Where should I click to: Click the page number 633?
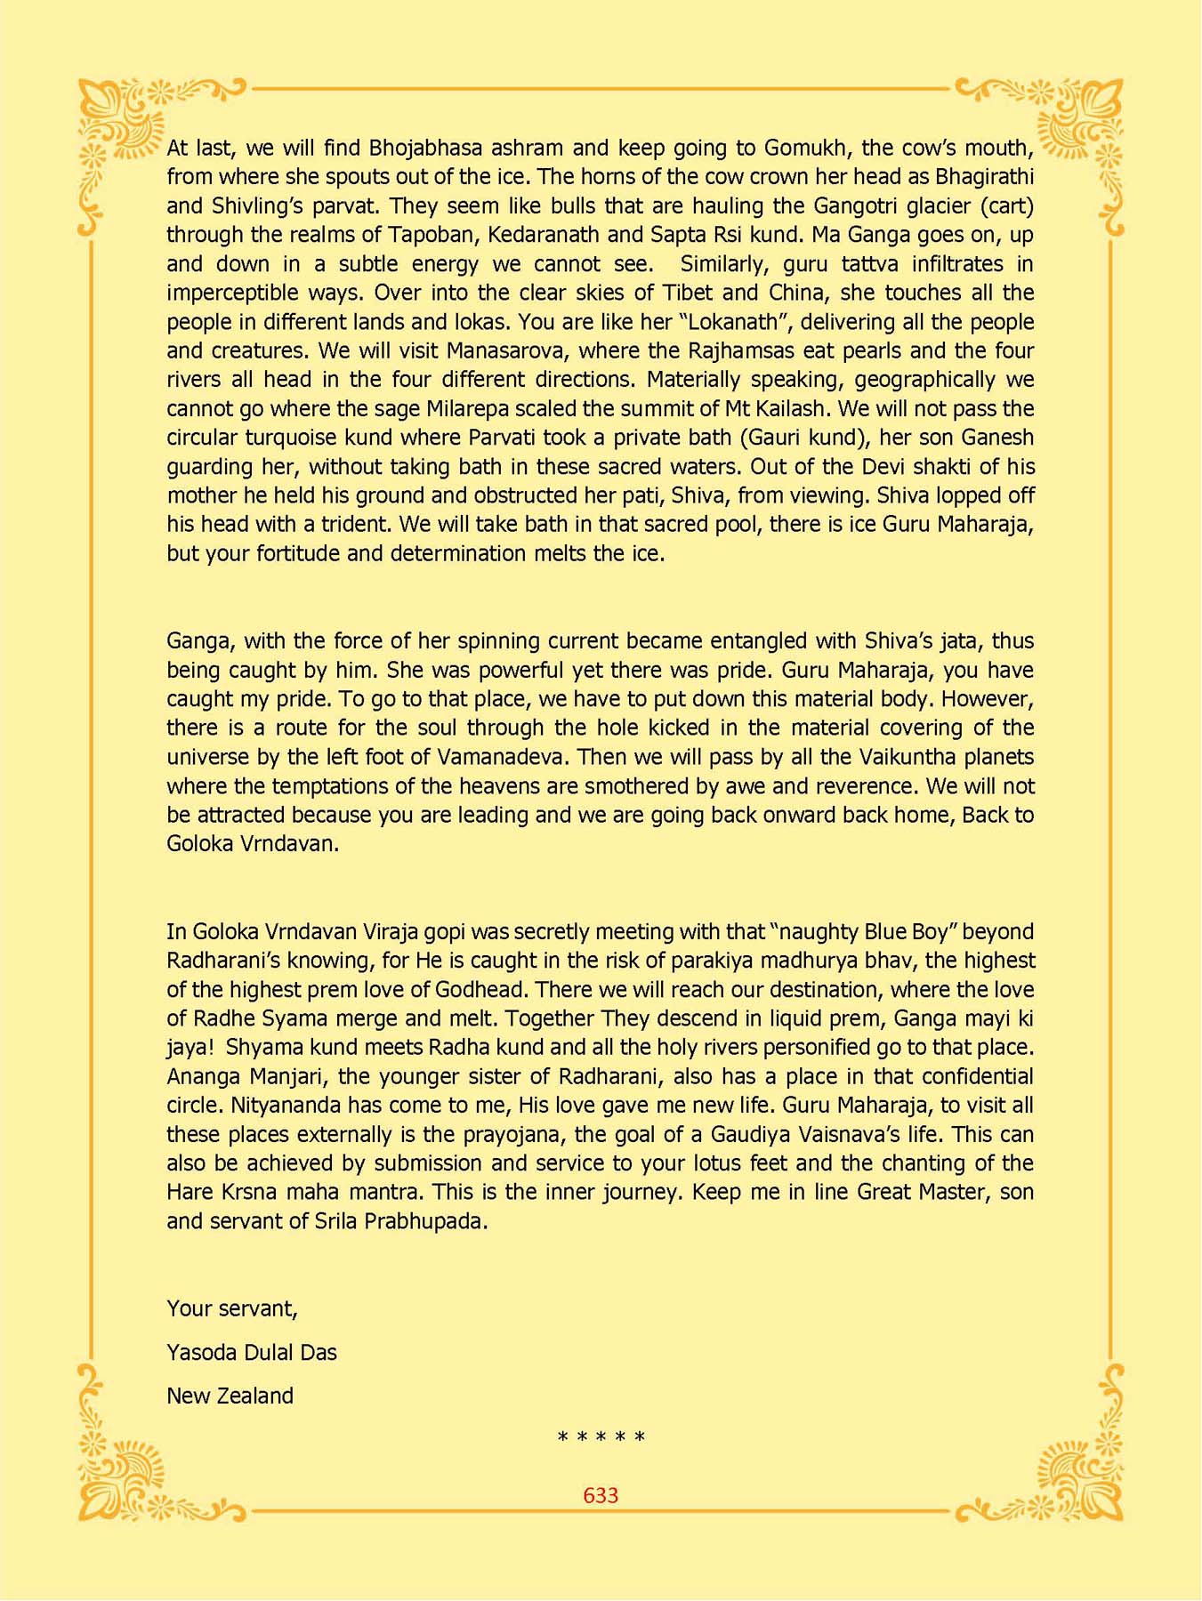coord(601,1495)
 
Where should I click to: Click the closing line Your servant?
coord(231,1308)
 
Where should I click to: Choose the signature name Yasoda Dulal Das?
coord(252,1353)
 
